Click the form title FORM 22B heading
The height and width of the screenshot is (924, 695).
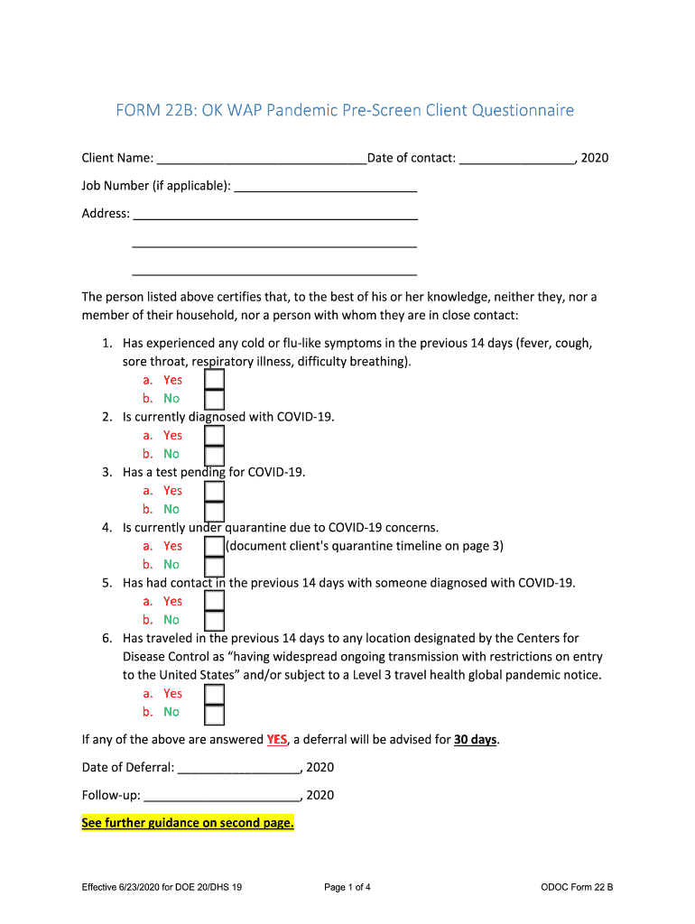click(344, 111)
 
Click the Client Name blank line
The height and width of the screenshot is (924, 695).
click(261, 159)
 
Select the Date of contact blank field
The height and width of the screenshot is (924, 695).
click(517, 159)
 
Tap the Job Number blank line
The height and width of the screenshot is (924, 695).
click(325, 187)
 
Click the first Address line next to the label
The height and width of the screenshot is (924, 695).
click(274, 215)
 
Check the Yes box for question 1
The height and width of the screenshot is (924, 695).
click(214, 380)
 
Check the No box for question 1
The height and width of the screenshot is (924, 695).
click(214, 399)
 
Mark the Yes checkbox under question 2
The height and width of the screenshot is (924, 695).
click(214, 436)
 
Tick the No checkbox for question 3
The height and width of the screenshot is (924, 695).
click(214, 510)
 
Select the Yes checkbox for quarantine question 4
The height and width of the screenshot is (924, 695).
click(214, 547)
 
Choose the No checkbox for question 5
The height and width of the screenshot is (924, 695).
click(214, 620)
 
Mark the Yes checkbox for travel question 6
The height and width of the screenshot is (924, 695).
click(214, 694)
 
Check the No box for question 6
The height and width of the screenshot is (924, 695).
click(214, 713)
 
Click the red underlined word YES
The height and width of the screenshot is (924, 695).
click(277, 740)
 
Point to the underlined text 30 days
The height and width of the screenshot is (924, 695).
click(475, 740)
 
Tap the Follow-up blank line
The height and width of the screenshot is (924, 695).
click(222, 796)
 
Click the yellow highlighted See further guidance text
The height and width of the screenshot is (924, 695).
click(188, 823)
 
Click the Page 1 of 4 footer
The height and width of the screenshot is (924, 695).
click(347, 888)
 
